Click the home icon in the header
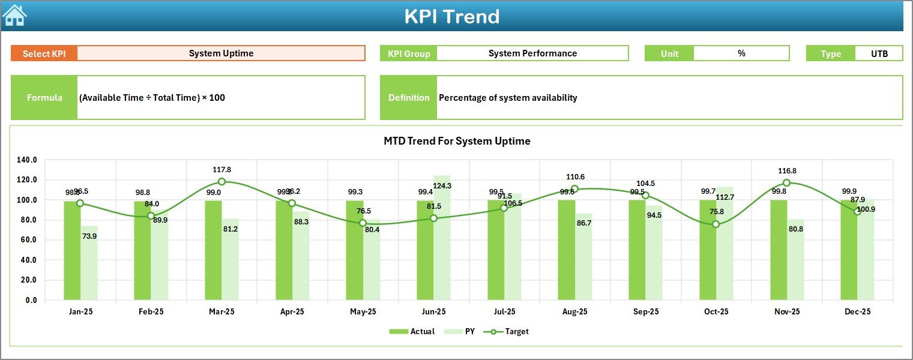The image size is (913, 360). click(x=14, y=15)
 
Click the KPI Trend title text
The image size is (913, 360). click(x=451, y=16)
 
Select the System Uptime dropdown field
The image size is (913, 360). click(x=221, y=53)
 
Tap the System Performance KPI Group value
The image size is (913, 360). click(x=532, y=53)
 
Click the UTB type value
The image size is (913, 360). click(x=879, y=53)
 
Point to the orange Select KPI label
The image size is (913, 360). click(x=44, y=53)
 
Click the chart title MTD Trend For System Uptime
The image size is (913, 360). click(x=457, y=141)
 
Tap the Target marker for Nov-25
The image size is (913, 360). click(x=786, y=182)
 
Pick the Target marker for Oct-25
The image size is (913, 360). click(x=716, y=224)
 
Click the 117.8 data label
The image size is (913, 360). click(x=221, y=170)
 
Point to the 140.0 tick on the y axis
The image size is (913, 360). click(x=27, y=160)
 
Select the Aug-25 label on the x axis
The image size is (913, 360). click(x=574, y=312)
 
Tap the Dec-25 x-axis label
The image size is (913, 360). click(x=857, y=312)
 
